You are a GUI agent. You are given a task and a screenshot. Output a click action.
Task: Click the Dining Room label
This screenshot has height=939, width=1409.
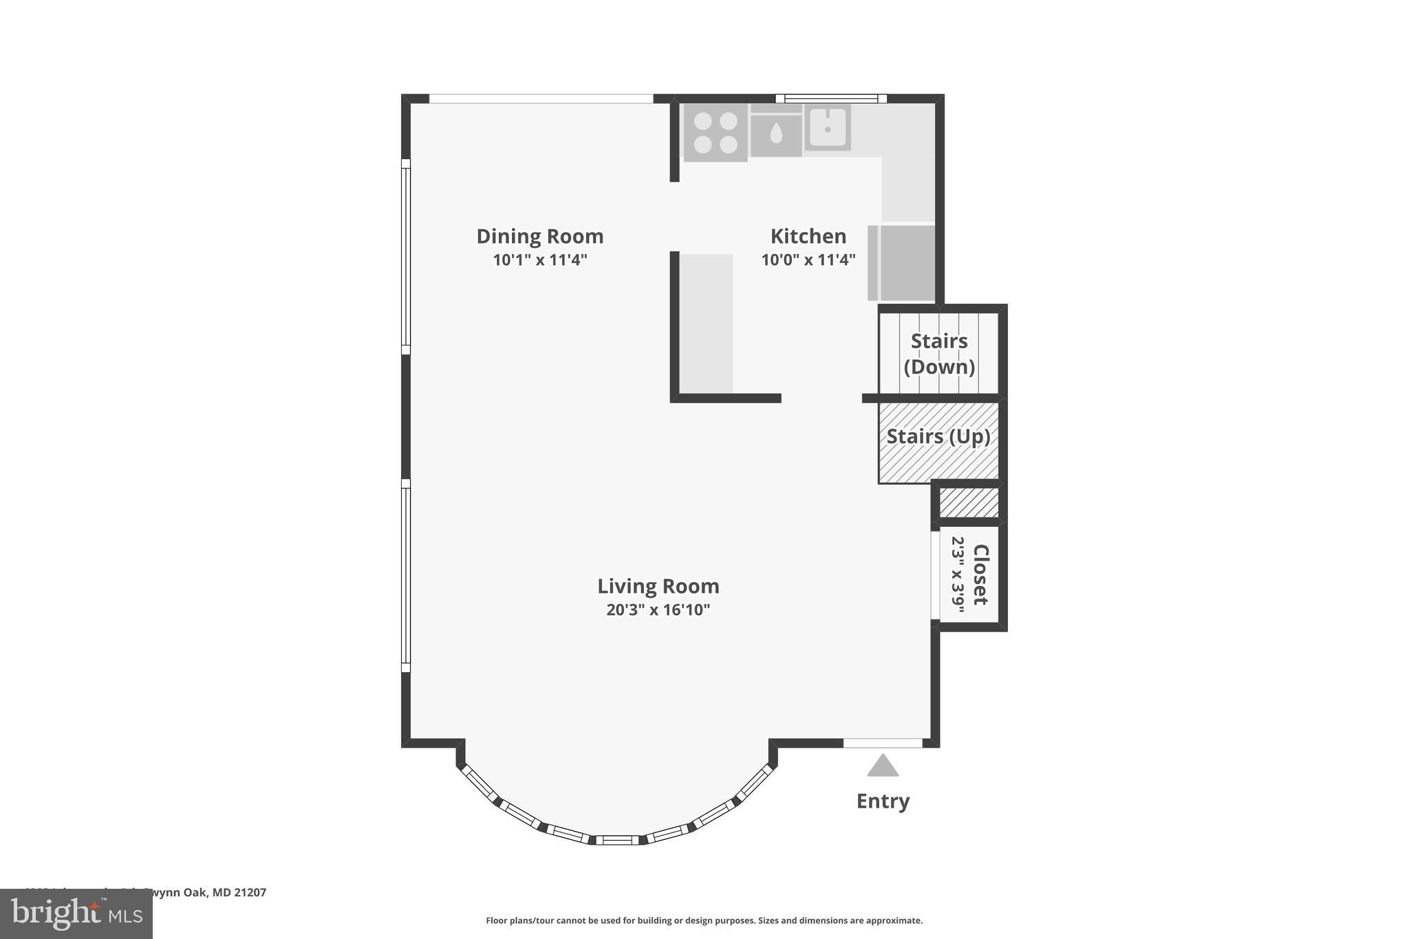pyautogui.click(x=539, y=236)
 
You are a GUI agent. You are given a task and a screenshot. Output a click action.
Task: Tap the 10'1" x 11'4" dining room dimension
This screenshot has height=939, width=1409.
pyautogui.click(x=539, y=260)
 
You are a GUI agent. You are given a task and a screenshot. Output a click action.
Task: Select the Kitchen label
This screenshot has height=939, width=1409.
pyautogui.click(x=808, y=236)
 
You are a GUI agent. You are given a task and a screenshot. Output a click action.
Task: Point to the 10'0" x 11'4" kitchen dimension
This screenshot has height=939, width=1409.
pyautogui.click(x=808, y=260)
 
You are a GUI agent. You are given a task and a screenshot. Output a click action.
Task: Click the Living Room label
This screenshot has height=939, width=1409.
pyautogui.click(x=658, y=586)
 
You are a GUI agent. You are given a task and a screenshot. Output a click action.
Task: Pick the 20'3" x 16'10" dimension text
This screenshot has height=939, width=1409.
pyautogui.click(x=658, y=610)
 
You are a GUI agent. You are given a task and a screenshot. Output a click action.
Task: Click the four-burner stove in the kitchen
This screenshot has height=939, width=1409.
pyautogui.click(x=716, y=133)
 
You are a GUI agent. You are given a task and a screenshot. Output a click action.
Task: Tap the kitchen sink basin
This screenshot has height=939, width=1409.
pyautogui.click(x=828, y=128)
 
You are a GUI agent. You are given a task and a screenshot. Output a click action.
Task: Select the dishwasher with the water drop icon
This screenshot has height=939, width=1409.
pyautogui.click(x=776, y=133)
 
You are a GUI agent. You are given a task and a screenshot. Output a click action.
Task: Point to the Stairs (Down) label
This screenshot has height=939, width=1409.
pyautogui.click(x=939, y=354)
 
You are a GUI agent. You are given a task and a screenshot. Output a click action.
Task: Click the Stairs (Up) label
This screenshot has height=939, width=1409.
pyautogui.click(x=938, y=437)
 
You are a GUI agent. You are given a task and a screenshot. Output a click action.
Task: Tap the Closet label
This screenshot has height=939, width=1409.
pyautogui.click(x=980, y=574)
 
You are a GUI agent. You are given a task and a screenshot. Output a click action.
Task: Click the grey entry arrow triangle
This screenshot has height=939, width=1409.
pyautogui.click(x=883, y=766)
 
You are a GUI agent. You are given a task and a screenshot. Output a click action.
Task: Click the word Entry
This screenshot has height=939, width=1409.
pyautogui.click(x=883, y=801)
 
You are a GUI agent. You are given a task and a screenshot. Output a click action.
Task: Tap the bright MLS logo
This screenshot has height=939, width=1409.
pyautogui.click(x=76, y=914)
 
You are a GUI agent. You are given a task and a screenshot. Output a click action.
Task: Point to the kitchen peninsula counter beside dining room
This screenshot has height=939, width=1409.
pyautogui.click(x=707, y=323)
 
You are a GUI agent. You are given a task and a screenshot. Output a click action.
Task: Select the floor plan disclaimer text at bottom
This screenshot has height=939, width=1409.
pyautogui.click(x=704, y=920)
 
